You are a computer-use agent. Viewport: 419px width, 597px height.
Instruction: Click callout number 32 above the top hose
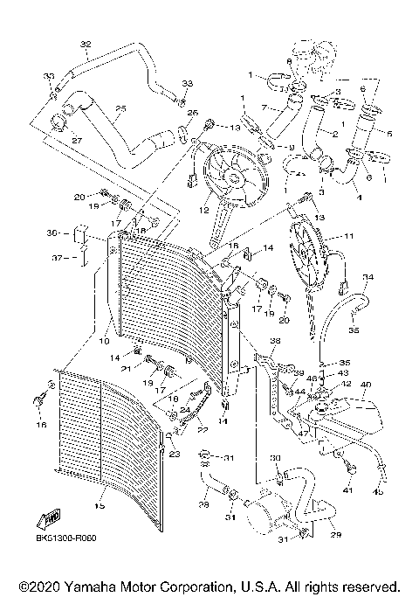click(x=85, y=44)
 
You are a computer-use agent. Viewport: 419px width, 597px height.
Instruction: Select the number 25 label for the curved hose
click(x=120, y=108)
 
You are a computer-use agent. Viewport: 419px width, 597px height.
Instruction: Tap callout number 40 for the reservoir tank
click(x=365, y=384)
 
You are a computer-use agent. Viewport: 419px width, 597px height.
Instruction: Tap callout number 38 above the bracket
click(x=275, y=340)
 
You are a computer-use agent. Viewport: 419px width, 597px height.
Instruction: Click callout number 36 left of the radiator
click(x=52, y=233)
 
